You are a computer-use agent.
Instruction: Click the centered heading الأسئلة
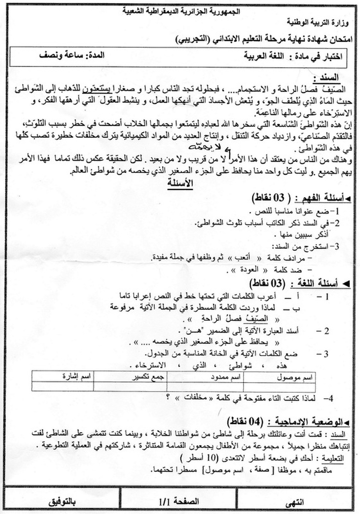180,183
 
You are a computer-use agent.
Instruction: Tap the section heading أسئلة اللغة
320,284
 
